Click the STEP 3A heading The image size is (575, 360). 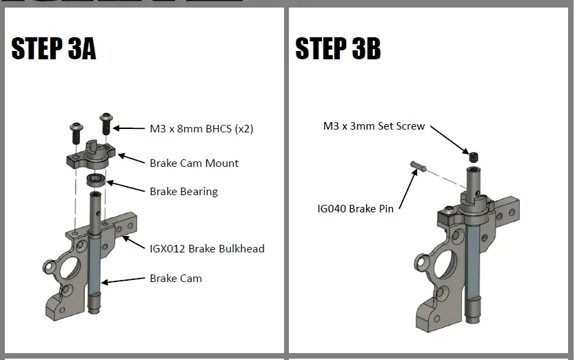click(x=53, y=49)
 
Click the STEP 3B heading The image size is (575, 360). click(x=338, y=49)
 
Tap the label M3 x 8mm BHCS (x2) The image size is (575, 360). click(x=201, y=128)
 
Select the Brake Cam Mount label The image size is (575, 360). click(x=194, y=163)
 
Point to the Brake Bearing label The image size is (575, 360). click(x=183, y=192)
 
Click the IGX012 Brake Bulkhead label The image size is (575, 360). click(x=207, y=248)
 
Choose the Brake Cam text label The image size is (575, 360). click(x=176, y=279)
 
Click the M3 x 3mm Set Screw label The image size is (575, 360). click(x=374, y=126)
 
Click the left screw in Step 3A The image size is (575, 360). click(x=75, y=130)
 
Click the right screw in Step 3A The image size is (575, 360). click(x=105, y=125)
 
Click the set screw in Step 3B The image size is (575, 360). click(x=474, y=157)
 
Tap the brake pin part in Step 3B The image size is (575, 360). click(x=418, y=166)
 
